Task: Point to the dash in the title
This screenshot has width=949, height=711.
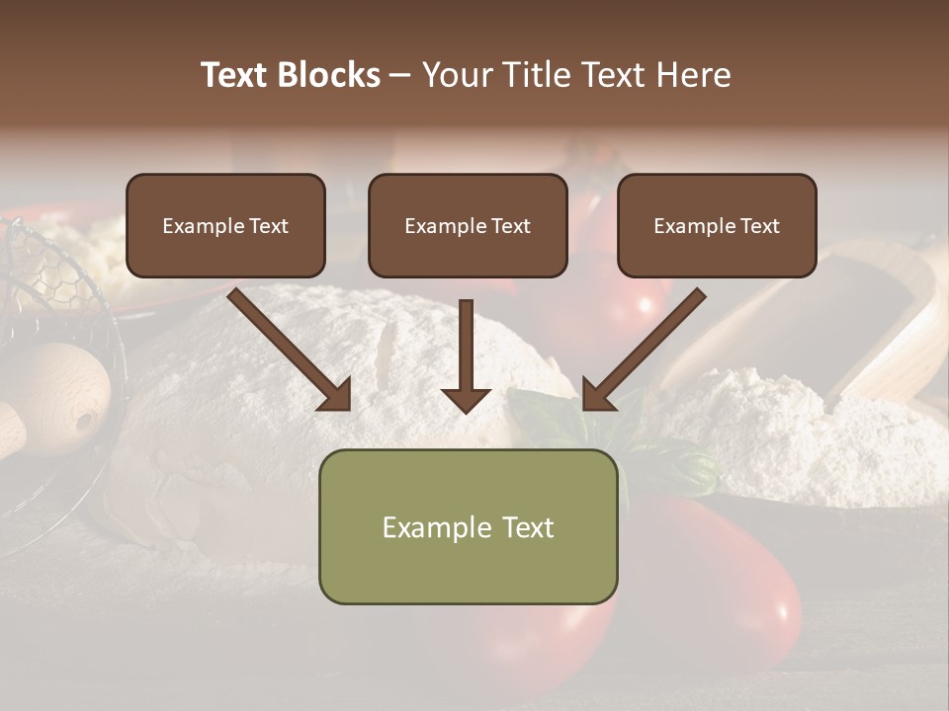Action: click(400, 76)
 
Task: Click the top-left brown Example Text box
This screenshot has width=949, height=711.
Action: click(225, 225)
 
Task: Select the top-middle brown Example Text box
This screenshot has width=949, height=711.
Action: click(468, 225)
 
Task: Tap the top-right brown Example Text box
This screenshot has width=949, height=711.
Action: click(717, 225)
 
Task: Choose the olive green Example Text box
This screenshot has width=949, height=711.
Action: click(468, 526)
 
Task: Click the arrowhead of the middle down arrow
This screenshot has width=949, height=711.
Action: click(466, 398)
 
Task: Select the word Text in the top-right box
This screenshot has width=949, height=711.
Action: click(760, 226)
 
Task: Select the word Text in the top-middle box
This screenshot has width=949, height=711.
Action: click(511, 226)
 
